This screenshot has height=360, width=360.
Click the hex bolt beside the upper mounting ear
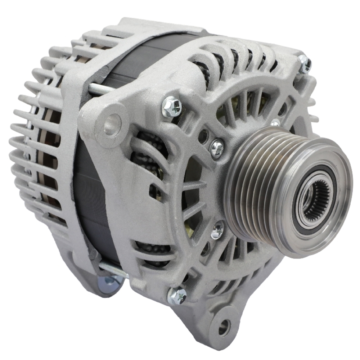point(171,107)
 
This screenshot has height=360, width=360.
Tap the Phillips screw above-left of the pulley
point(216,148)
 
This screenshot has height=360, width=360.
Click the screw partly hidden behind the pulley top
point(275,123)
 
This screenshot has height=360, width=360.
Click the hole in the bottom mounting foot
point(223,327)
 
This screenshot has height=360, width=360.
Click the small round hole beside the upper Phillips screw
point(203,136)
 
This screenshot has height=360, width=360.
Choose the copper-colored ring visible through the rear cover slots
point(47,151)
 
